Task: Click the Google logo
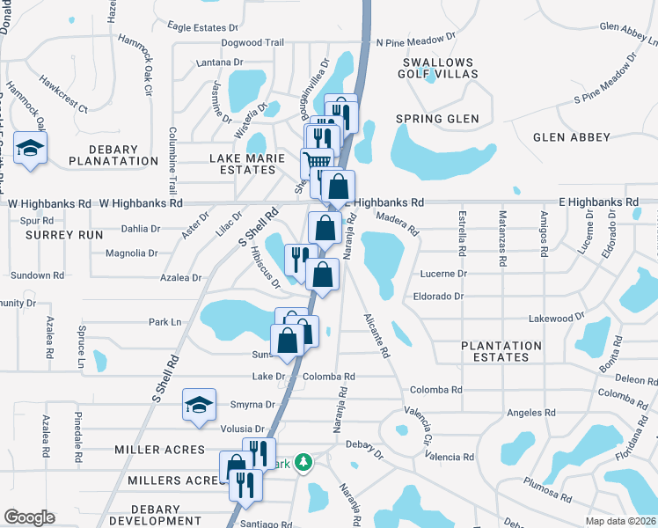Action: pyautogui.click(x=29, y=517)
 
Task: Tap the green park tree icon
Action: pyautogui.click(x=303, y=462)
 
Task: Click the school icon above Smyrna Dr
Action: pyautogui.click(x=199, y=406)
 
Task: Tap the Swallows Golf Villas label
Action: pyautogui.click(x=438, y=69)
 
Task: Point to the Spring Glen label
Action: pyautogui.click(x=437, y=119)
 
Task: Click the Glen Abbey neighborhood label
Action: pyautogui.click(x=571, y=137)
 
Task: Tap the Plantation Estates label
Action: pyautogui.click(x=501, y=351)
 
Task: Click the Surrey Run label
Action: pyautogui.click(x=54, y=235)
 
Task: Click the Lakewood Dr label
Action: pyautogui.click(x=556, y=316)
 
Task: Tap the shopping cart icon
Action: pyautogui.click(x=317, y=162)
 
